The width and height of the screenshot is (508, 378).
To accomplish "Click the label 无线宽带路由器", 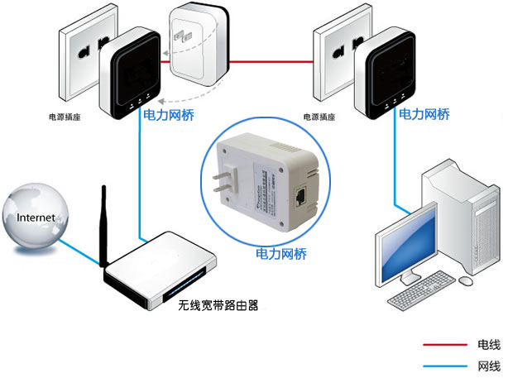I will click(x=218, y=305).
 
